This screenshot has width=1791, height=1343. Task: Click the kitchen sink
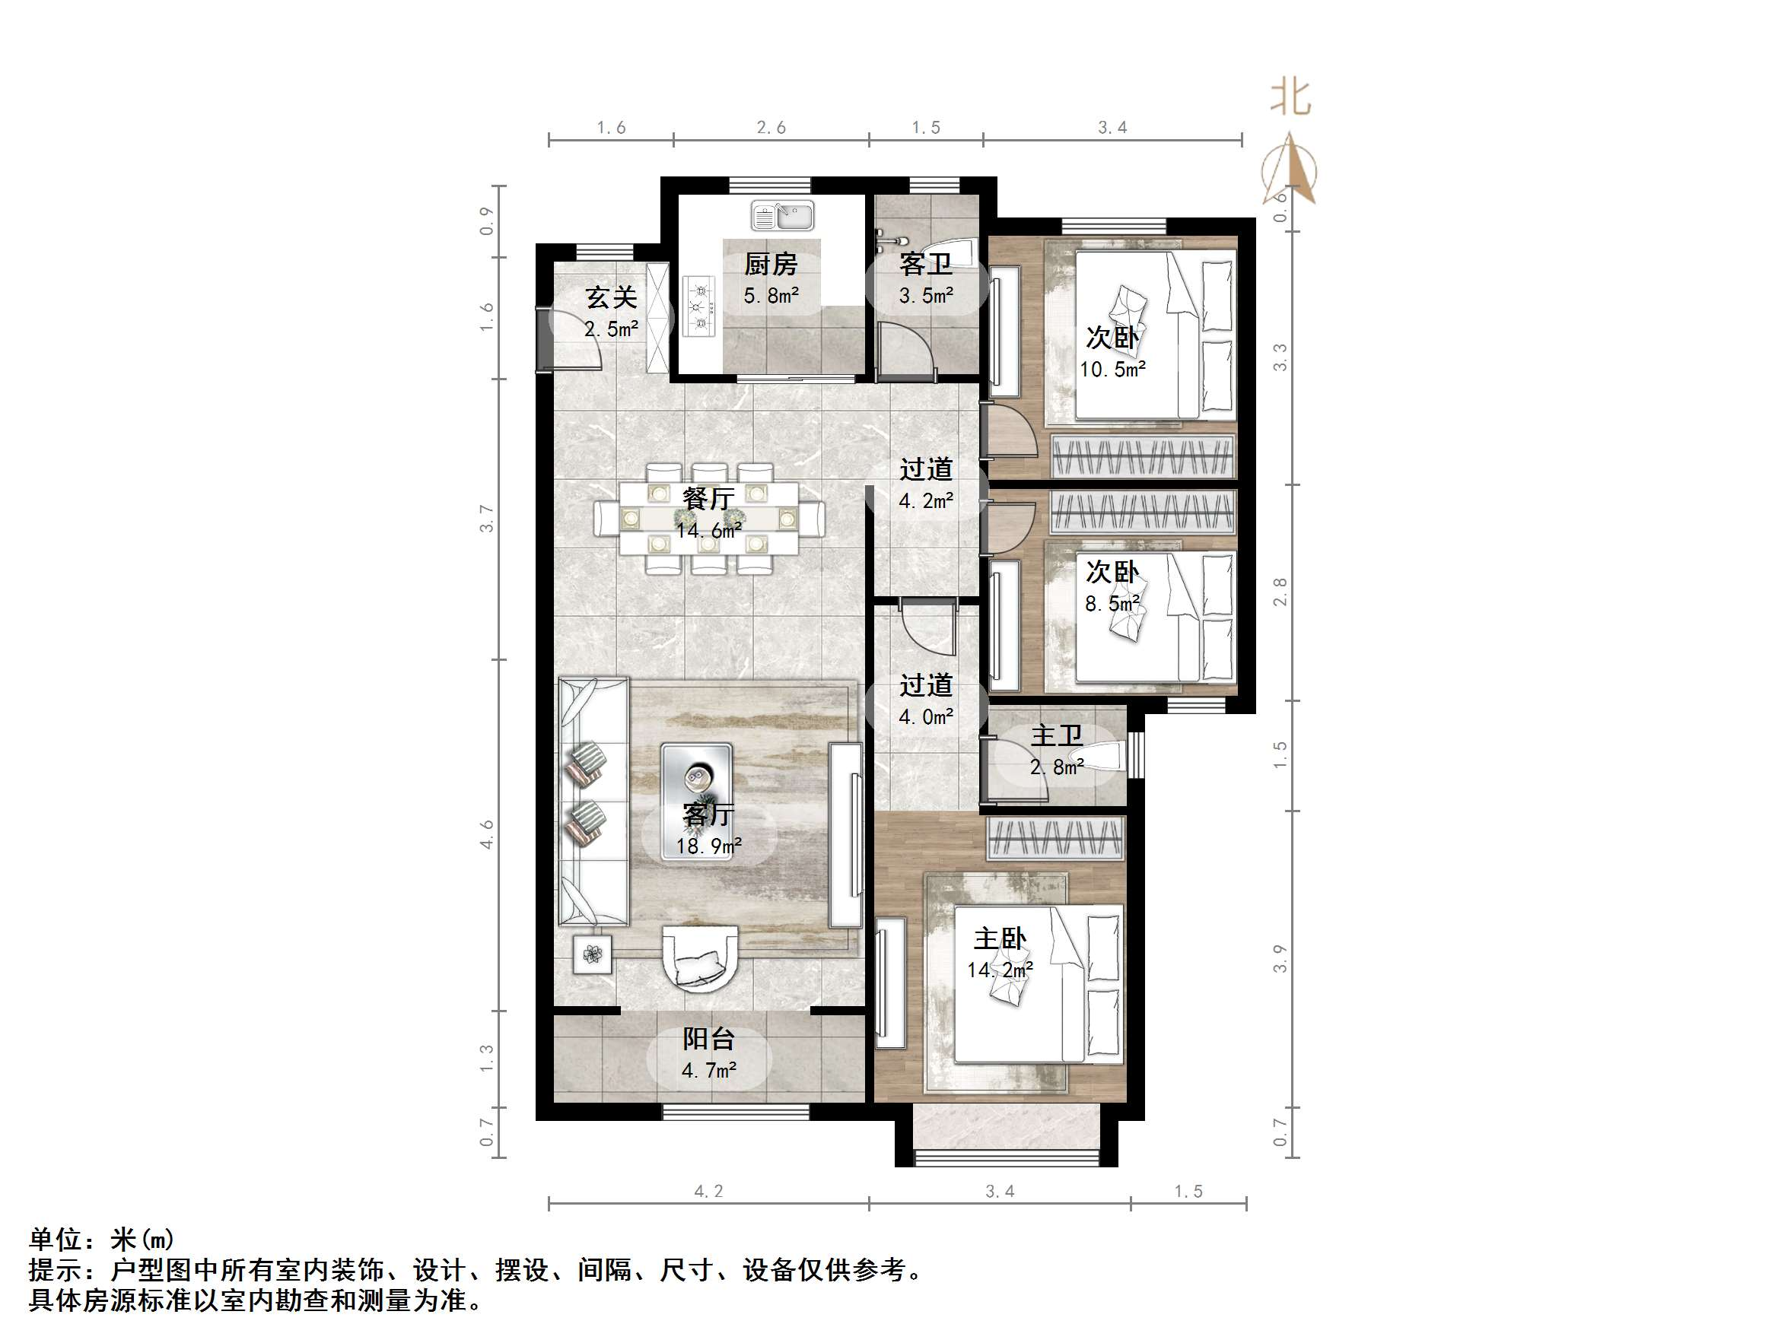[781, 216]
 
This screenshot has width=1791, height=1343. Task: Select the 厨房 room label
[771, 264]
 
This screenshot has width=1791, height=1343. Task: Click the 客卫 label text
[925, 264]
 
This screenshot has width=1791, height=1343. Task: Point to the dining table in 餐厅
[708, 517]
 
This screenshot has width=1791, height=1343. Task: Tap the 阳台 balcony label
[708, 1039]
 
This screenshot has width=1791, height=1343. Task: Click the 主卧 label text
[999, 939]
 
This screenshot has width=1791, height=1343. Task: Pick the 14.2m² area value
[999, 970]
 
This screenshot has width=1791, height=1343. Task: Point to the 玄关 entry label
[611, 298]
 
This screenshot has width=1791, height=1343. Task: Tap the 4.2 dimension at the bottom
[708, 1191]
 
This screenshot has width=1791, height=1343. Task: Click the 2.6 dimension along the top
[771, 128]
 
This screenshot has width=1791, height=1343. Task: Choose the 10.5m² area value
[1112, 370]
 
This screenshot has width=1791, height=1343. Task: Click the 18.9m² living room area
[708, 846]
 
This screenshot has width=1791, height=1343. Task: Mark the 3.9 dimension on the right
[1280, 958]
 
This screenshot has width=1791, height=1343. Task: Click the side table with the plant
[593, 955]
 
